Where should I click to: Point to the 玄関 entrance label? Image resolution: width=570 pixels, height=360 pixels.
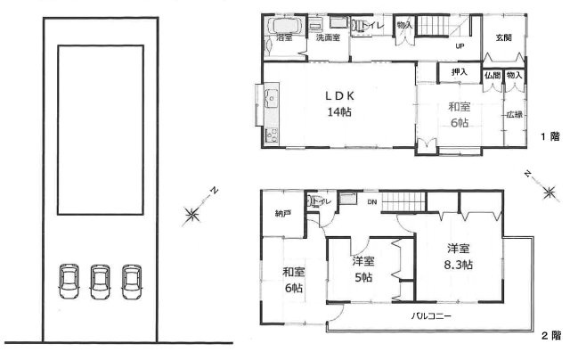tap(504, 38)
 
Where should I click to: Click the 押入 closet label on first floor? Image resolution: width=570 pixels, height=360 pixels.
tap(459, 70)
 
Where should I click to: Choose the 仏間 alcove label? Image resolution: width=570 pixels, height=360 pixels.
tap(493, 77)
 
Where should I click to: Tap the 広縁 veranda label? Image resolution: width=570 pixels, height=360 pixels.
tap(514, 115)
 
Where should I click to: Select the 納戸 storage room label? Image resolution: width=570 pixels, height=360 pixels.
tap(282, 214)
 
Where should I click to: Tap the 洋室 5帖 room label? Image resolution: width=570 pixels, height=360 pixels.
tap(362, 268)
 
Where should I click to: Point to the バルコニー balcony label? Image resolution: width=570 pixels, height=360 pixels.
tap(430, 316)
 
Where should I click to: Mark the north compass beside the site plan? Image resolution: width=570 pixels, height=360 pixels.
tap(194, 210)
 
